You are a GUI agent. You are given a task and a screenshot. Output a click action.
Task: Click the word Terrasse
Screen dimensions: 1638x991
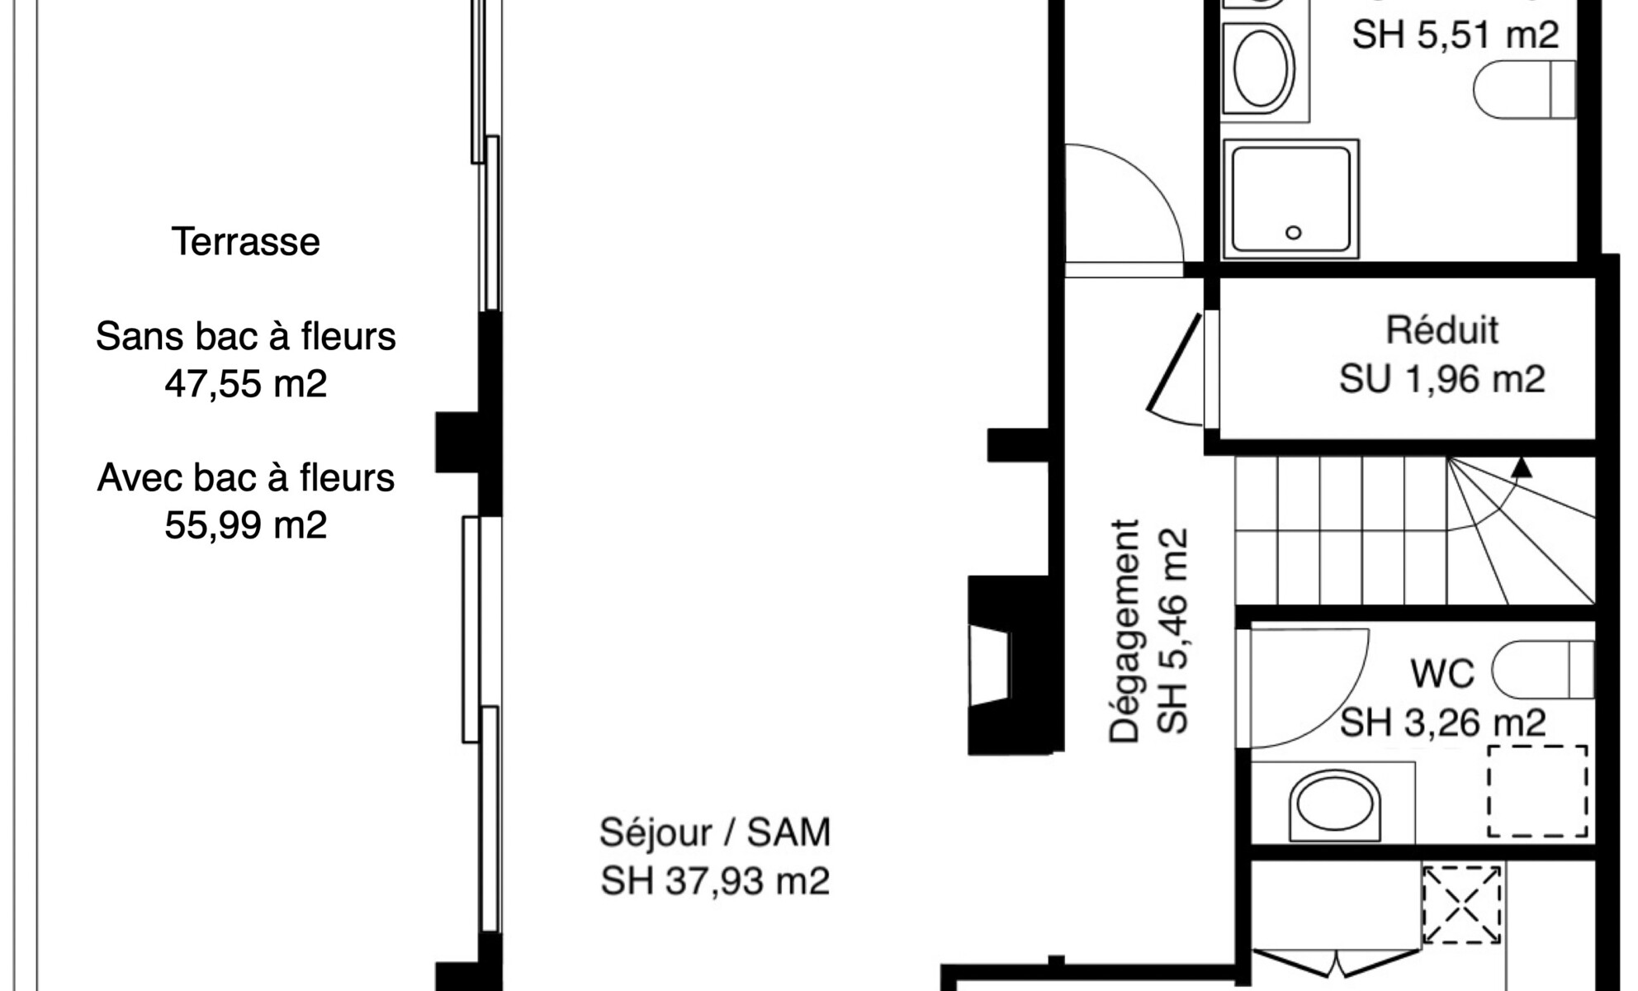click(x=246, y=242)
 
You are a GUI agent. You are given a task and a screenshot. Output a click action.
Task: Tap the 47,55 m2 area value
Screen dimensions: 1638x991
click(x=246, y=384)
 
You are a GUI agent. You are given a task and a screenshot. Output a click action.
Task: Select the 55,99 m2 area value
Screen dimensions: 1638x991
click(x=246, y=525)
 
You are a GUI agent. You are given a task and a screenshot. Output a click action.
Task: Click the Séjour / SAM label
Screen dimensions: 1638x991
click(x=715, y=833)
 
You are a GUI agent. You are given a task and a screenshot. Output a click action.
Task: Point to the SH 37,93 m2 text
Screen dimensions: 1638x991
click(x=715, y=881)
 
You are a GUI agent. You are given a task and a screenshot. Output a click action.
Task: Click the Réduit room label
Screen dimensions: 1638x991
click(x=1442, y=330)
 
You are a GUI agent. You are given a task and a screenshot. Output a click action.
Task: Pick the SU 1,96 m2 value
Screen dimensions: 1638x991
click(x=1442, y=379)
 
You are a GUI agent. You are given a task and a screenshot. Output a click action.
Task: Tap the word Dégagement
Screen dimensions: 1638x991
click(x=1124, y=632)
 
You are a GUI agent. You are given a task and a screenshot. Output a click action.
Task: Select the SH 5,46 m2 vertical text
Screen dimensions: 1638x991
click(x=1172, y=632)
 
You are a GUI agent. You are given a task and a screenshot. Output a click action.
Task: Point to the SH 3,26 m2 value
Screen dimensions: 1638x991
click(x=1442, y=723)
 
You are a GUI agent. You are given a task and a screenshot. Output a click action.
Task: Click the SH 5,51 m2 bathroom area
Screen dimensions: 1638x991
click(x=1456, y=36)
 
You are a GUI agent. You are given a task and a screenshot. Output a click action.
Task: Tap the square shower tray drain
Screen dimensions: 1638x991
click(x=1294, y=233)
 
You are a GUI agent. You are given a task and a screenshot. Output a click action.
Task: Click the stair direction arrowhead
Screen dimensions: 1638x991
click(x=1522, y=467)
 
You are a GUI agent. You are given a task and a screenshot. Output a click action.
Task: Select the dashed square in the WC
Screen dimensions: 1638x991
click(x=1538, y=792)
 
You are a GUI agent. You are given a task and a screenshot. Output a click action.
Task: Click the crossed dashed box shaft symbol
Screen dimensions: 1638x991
click(x=1461, y=904)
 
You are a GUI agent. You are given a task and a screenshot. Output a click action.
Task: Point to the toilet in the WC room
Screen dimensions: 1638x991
click(x=1542, y=670)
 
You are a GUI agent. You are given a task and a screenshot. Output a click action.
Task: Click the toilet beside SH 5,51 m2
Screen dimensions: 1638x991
click(x=1525, y=89)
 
